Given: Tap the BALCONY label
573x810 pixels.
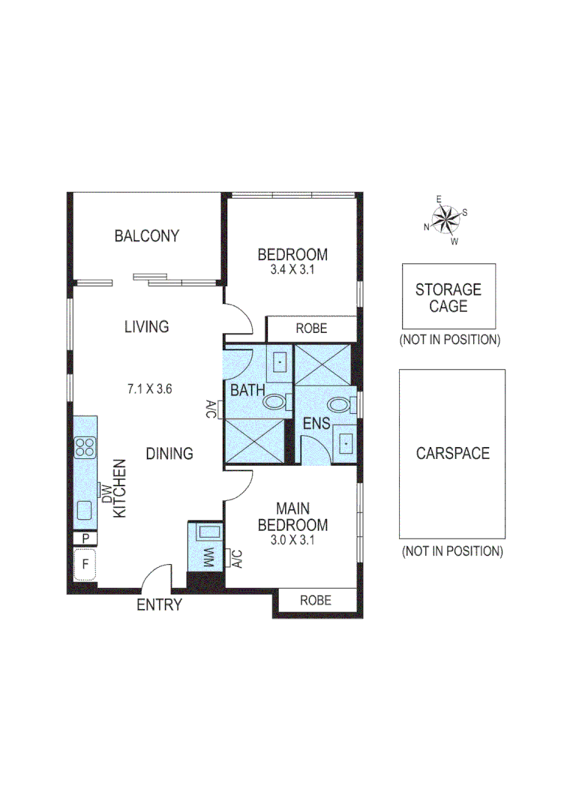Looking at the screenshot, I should (147, 236).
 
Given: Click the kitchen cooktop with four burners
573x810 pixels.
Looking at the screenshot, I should (85, 448).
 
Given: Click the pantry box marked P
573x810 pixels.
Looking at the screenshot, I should (85, 538).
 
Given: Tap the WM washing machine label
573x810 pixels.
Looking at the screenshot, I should (208, 557).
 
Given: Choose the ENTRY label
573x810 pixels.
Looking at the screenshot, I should (159, 605).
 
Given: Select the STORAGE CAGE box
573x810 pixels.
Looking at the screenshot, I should (448, 297).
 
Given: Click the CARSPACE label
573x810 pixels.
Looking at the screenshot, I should (452, 454).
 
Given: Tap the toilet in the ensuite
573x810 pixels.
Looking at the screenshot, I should (340, 406).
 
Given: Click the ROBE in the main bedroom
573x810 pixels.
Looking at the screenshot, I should (316, 601).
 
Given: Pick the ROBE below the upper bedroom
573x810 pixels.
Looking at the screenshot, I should (311, 328).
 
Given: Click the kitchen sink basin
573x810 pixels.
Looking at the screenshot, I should (84, 510).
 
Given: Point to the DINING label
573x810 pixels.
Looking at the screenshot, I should (169, 454).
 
